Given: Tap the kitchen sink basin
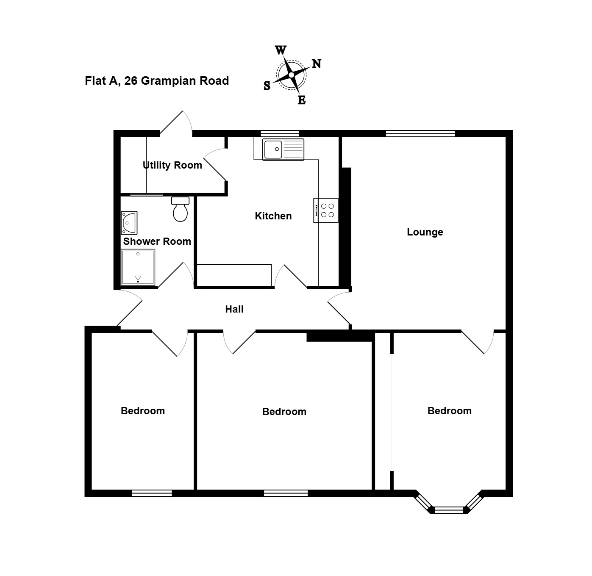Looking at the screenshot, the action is (273, 149).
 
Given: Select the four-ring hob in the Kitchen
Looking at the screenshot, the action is (326, 210).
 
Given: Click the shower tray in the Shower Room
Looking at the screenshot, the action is (138, 267).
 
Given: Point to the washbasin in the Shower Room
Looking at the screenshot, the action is (129, 223).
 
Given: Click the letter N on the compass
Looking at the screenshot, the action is (317, 64).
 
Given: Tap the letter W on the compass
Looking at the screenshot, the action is (281, 50).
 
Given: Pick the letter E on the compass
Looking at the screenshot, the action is (301, 100).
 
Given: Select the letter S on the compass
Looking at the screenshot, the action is (267, 86).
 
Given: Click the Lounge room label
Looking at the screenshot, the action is (425, 232).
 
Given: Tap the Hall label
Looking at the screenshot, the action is (234, 309).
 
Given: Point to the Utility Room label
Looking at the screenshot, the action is (172, 165).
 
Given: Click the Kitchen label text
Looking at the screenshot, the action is (273, 216).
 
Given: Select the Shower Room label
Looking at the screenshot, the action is (157, 241).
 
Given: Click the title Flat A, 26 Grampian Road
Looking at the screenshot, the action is (157, 80).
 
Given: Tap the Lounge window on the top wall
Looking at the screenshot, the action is (420, 133).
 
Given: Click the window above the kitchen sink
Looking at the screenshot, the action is (280, 133).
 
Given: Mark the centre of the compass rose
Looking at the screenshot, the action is (291, 75).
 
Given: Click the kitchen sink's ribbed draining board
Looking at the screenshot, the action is (294, 150).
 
